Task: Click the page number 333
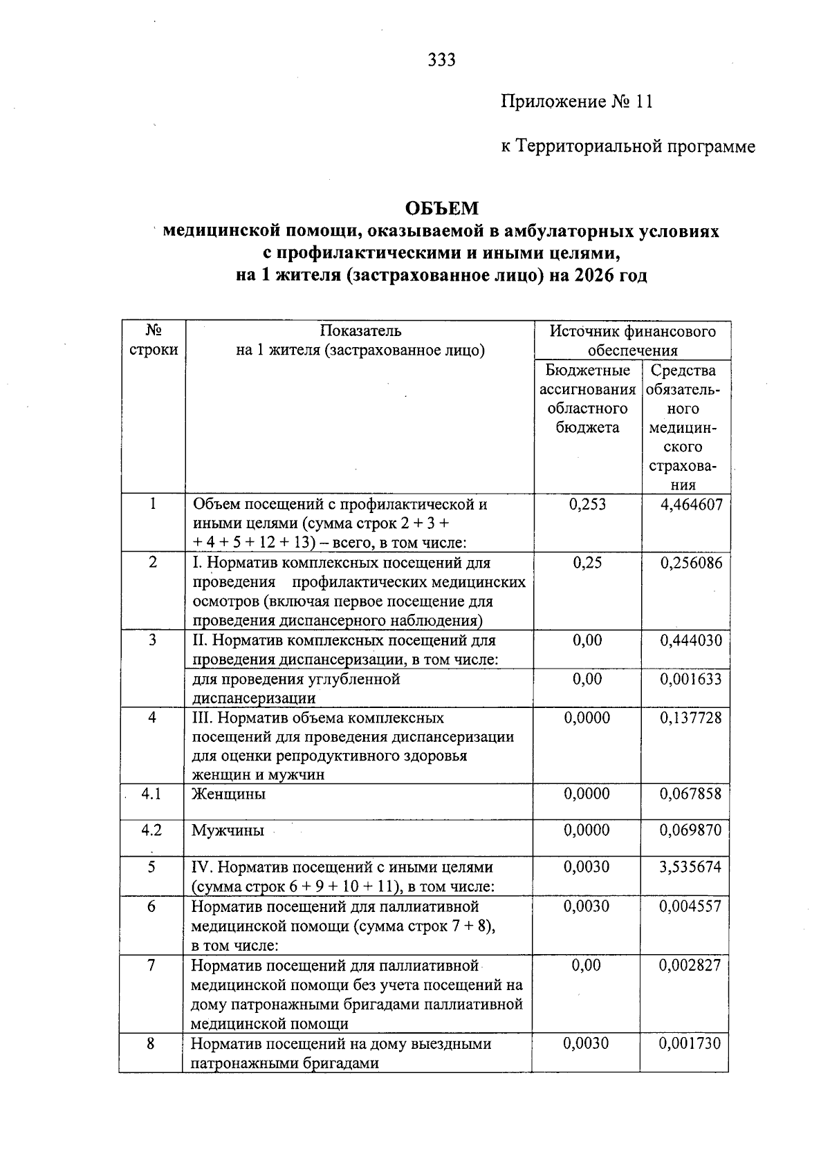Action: [x=441, y=60]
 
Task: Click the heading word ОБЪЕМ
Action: [x=441, y=208]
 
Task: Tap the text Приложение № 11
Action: [x=576, y=102]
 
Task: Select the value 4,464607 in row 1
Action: [x=691, y=505]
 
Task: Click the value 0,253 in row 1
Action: [x=587, y=505]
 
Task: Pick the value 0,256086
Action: [x=691, y=563]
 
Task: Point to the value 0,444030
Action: [x=691, y=640]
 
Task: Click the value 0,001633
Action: [x=691, y=679]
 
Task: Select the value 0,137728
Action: [x=691, y=718]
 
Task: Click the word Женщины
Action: [x=228, y=794]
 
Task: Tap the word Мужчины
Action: [x=228, y=830]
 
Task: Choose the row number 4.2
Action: [x=151, y=830]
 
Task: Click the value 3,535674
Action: [x=690, y=867]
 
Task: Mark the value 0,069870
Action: [x=690, y=830]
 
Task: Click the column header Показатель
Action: [x=360, y=331]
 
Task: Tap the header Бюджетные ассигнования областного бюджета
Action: [x=587, y=399]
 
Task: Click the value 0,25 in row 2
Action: [x=587, y=563]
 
